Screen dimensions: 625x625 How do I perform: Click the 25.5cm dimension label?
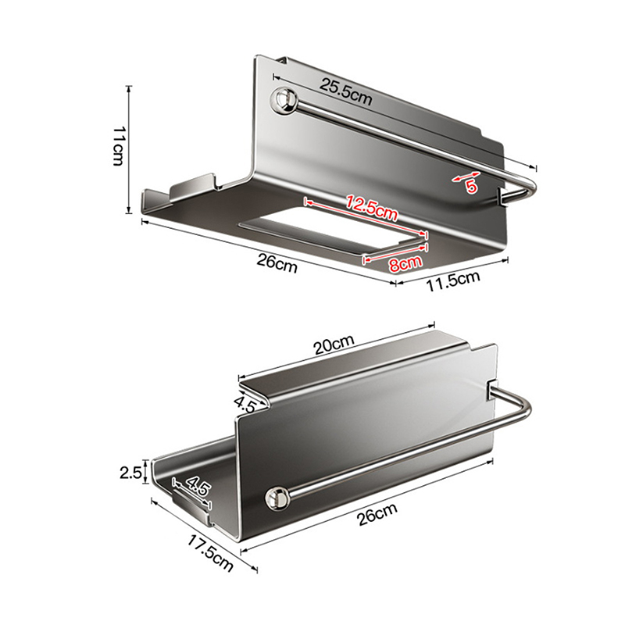[x=345, y=91]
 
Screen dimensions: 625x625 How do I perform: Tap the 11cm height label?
[x=119, y=146]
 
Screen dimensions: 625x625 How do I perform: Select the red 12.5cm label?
[x=372, y=207]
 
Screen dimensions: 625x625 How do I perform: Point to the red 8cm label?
[x=405, y=263]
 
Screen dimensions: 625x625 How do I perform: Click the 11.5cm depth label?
[x=453, y=280]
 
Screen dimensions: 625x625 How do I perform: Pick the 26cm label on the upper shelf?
[x=277, y=263]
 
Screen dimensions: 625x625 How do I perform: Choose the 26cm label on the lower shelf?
[x=377, y=514]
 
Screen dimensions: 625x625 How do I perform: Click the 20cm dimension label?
[x=334, y=345]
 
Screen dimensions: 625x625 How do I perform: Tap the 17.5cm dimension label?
[x=210, y=553]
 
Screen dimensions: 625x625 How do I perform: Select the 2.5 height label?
[x=130, y=473]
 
